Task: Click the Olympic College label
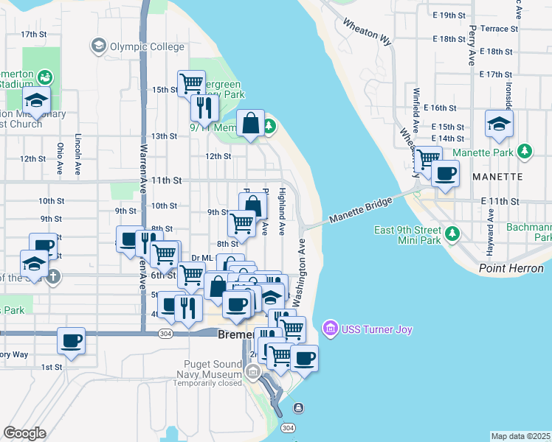[146, 46]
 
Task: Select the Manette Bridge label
[360, 210]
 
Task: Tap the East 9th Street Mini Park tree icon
[454, 235]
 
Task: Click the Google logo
[24, 432]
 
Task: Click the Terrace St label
[498, 29]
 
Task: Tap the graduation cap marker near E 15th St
[500, 123]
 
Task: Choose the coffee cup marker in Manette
[445, 174]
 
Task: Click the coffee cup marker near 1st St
[72, 340]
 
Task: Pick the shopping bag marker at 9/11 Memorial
[251, 123]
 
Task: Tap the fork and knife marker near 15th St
[203, 107]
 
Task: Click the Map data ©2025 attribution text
[521, 436]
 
